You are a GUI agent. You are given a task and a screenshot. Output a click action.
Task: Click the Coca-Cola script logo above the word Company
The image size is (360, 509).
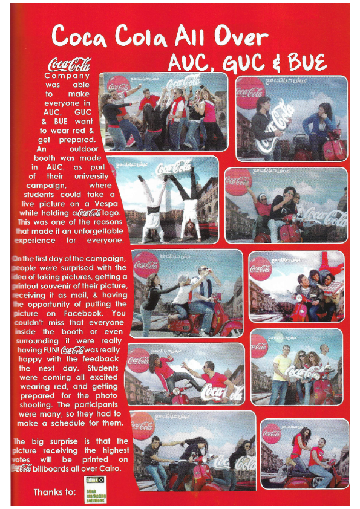(x=69, y=64)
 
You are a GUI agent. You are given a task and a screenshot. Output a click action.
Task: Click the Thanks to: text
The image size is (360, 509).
(x=54, y=491)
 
